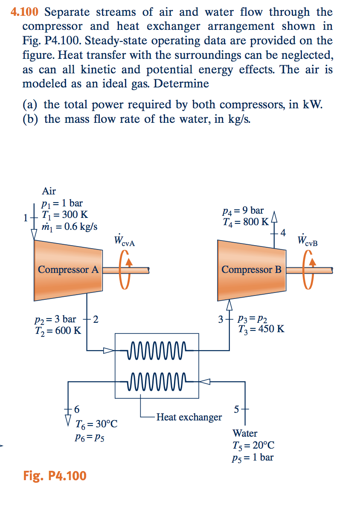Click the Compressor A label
(68, 270)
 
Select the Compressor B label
(252, 270)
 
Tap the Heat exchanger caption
(189, 417)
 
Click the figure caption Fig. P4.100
(55, 475)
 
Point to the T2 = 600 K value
(58, 330)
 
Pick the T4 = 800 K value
(246, 222)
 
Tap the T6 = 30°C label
(96, 424)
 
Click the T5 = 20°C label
(253, 446)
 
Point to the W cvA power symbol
(125, 241)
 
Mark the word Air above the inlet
(49, 191)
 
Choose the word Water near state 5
(245, 434)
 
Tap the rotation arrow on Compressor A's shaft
(125, 269)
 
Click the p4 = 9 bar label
(243, 211)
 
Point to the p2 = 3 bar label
(55, 319)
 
